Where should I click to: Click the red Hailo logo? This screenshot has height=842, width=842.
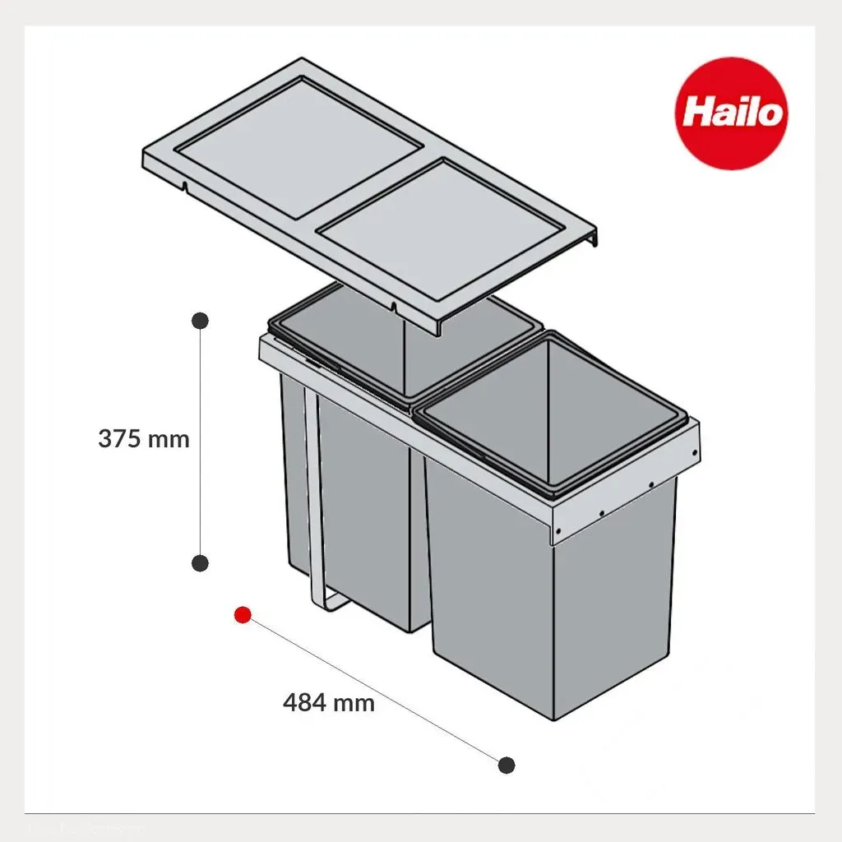(x=731, y=113)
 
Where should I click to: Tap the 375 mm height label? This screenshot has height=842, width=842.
(x=144, y=439)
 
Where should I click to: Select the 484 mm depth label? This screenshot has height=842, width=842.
(x=329, y=702)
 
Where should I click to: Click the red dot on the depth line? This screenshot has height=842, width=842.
(x=243, y=615)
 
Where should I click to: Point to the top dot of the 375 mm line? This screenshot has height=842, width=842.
(x=201, y=321)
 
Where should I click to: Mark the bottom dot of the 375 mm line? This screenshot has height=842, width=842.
(x=201, y=563)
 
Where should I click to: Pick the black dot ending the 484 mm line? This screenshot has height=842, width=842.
(x=507, y=765)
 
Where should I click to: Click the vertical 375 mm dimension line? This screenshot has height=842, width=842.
(x=201, y=442)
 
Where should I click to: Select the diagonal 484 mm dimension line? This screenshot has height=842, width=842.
(x=375, y=690)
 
